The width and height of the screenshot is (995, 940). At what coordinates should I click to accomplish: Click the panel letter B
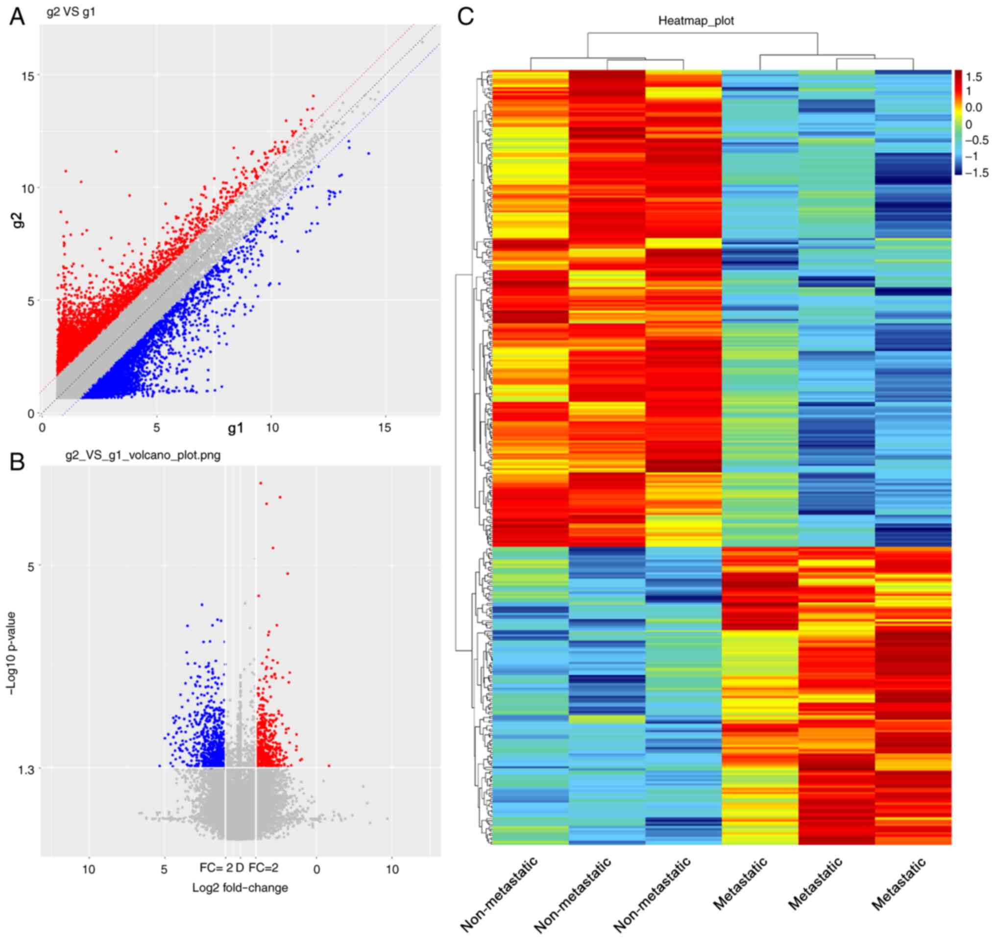17,462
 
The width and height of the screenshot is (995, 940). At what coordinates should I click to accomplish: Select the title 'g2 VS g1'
71,12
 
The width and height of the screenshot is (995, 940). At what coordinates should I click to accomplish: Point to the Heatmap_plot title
696,21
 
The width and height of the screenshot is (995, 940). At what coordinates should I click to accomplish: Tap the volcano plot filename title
143,455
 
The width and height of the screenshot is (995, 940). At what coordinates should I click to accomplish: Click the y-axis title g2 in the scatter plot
18,221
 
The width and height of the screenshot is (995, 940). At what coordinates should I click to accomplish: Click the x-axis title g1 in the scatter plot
235,428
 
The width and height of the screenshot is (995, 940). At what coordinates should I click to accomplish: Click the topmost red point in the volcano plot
261,483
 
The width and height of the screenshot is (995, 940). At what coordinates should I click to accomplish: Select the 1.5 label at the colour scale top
974,77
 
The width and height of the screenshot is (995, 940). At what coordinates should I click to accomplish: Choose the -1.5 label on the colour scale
976,173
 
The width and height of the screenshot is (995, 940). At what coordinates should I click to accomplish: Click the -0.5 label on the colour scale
976,140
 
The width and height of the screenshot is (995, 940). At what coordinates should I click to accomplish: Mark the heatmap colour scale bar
958,123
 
